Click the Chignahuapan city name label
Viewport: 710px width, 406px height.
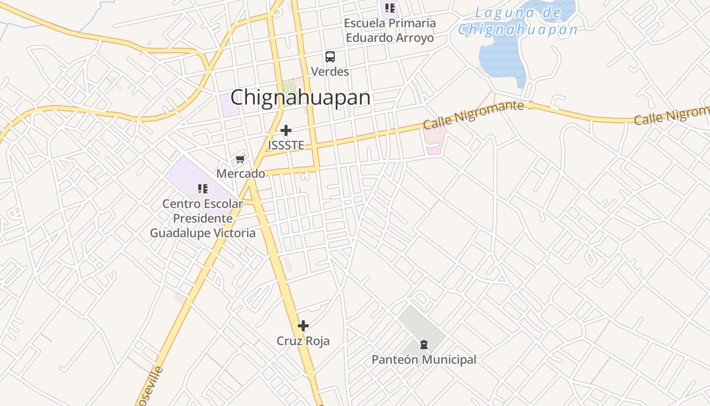(x=300, y=97)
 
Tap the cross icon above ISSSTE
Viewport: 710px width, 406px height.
(x=286, y=130)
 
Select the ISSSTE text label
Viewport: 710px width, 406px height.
(x=286, y=146)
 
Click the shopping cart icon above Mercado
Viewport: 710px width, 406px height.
(x=240, y=159)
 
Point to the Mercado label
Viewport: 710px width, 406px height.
(x=240, y=174)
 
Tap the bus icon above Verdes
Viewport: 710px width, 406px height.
(x=330, y=56)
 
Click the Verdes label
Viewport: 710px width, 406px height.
(x=330, y=72)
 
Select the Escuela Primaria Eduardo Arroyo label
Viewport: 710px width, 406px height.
(x=389, y=30)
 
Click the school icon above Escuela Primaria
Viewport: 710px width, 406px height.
(x=389, y=8)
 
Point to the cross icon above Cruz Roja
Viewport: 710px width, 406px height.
(x=303, y=326)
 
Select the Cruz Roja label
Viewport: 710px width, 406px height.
(x=303, y=341)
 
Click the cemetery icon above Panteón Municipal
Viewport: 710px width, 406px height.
(x=423, y=345)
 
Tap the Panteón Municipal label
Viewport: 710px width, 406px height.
(x=424, y=360)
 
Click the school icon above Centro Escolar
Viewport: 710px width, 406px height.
(x=203, y=189)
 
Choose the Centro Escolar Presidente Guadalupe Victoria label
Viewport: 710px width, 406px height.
(x=203, y=218)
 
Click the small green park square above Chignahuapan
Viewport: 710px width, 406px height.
(x=289, y=86)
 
